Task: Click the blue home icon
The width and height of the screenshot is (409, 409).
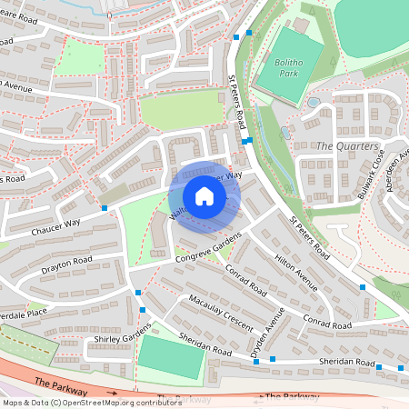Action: point(204,196)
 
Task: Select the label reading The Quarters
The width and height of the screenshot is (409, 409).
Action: point(346,146)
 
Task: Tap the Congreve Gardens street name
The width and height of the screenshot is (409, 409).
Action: point(208,248)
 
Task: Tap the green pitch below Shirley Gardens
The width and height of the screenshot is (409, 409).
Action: point(170,358)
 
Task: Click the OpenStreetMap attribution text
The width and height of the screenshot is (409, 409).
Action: point(80,403)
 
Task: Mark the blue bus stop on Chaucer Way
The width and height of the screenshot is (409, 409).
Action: point(105,208)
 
